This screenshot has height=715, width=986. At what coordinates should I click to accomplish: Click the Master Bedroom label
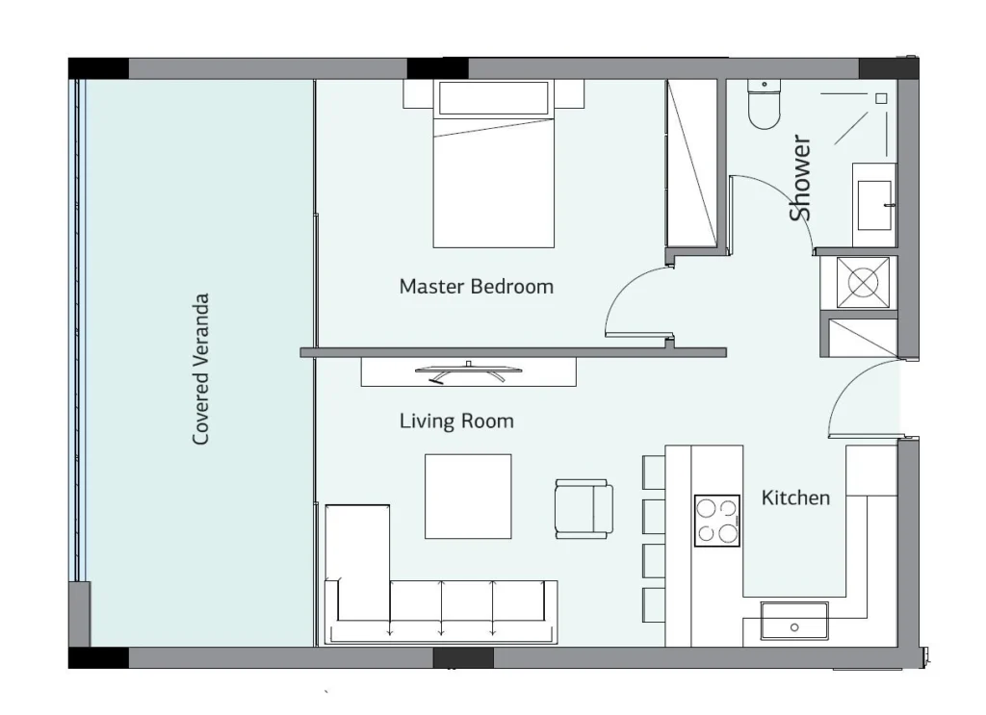tap(476, 287)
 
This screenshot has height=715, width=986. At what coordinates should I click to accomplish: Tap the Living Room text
tap(456, 421)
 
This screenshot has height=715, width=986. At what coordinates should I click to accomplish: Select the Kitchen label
tap(795, 498)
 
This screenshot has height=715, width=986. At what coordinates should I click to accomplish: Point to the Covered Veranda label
tap(200, 370)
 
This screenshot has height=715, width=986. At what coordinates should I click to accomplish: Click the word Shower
tap(800, 178)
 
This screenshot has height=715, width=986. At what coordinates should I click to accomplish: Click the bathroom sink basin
tap(874, 205)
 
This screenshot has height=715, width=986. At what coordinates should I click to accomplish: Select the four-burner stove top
tap(717, 521)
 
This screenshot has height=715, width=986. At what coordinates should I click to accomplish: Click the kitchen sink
tap(794, 621)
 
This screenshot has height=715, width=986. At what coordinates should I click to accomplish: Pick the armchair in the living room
tap(584, 509)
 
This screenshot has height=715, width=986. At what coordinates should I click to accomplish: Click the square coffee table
tap(468, 497)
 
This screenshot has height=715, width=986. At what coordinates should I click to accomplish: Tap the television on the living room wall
tap(469, 372)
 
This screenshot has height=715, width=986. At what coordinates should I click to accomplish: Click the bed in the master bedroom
tap(494, 164)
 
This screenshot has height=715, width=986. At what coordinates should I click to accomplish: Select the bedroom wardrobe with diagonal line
tap(691, 163)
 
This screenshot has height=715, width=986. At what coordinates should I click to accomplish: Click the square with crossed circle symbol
tap(864, 282)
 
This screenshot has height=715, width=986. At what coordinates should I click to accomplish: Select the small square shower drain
tap(881, 99)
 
